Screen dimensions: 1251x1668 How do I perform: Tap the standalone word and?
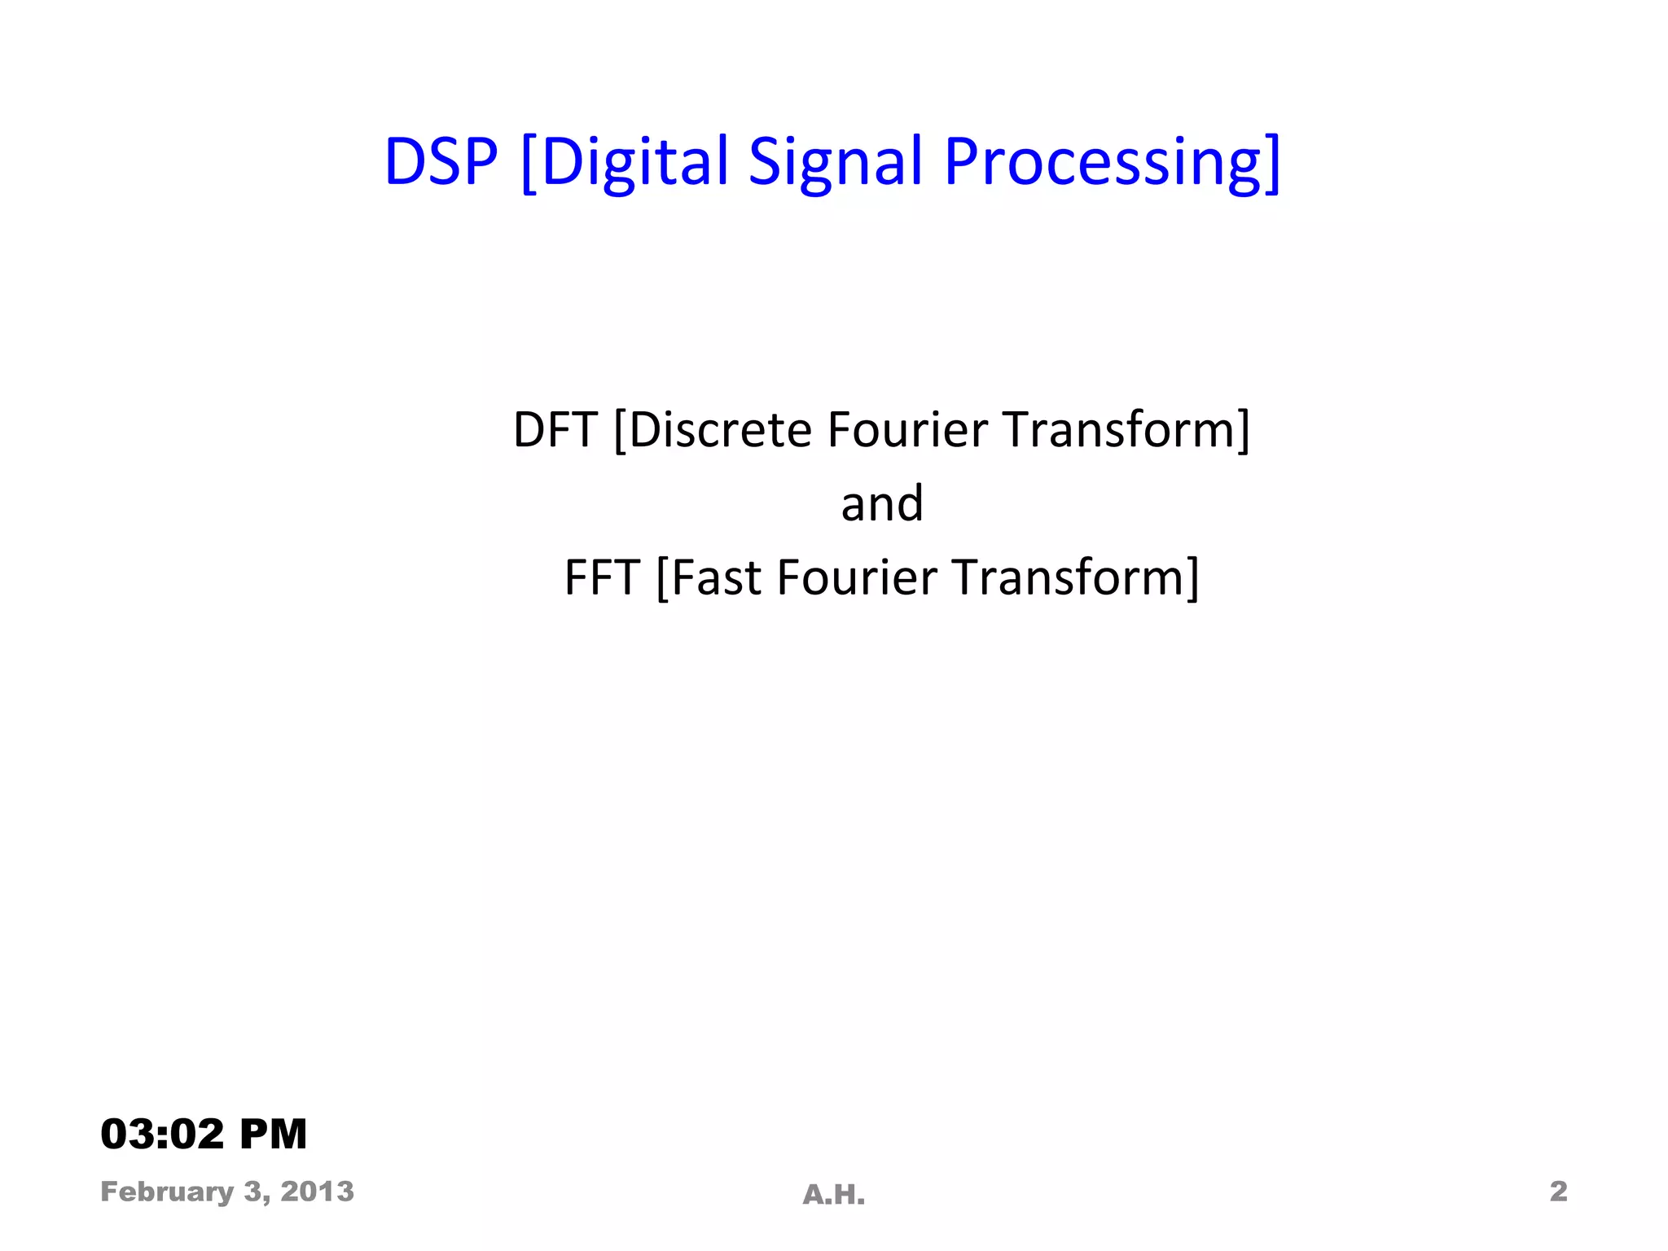tap(882, 504)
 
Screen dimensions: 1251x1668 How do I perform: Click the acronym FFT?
tap(601, 578)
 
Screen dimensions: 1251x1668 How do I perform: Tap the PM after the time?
tap(273, 1134)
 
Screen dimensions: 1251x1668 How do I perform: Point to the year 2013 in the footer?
tap(317, 1192)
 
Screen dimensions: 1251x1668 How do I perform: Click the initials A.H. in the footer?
tap(833, 1195)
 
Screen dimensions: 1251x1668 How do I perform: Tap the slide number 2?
tap(1558, 1192)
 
